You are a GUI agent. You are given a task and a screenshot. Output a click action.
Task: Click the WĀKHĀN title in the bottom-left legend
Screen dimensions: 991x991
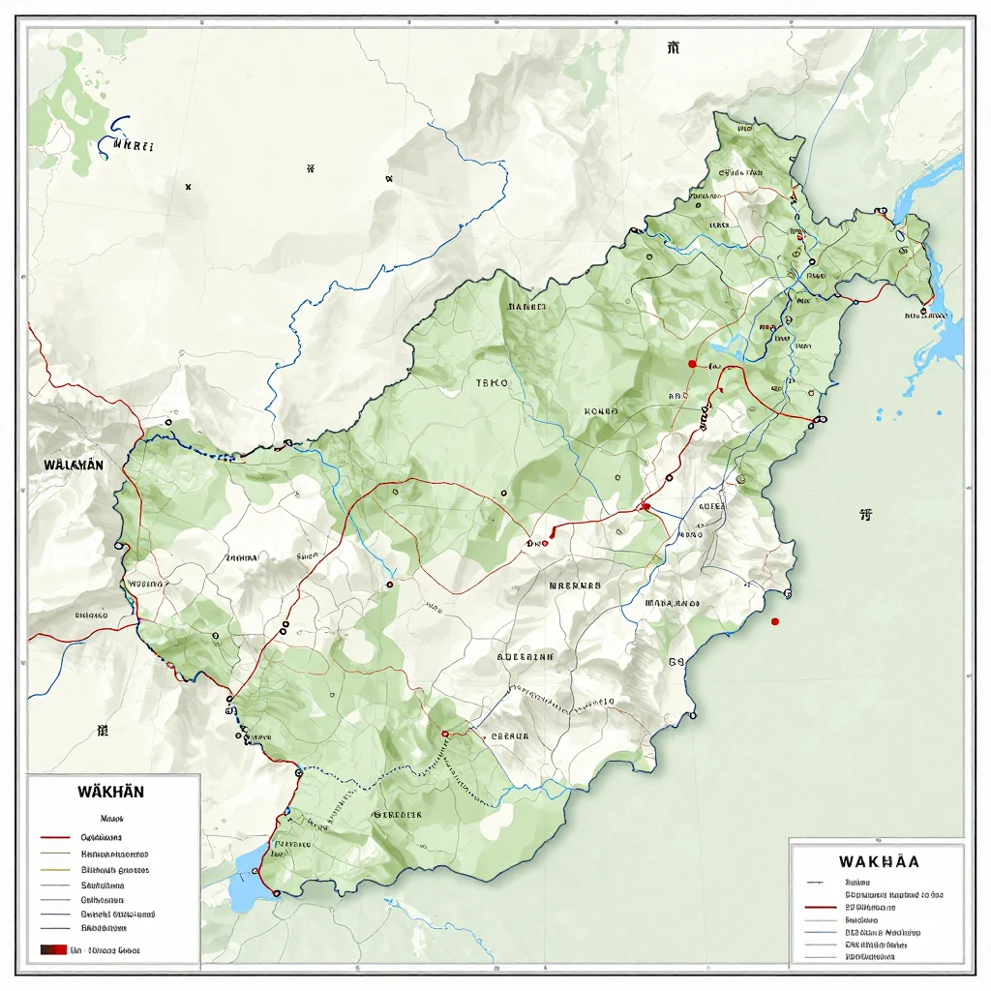[111, 791]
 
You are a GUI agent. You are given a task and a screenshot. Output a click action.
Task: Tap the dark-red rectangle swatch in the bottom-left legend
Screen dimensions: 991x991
[53, 949]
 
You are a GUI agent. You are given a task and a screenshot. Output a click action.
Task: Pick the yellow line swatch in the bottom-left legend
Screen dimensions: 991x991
[55, 869]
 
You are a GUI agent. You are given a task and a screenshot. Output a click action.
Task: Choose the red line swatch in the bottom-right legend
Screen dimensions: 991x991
[821, 909]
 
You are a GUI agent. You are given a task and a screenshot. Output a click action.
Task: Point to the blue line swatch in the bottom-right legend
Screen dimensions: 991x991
[821, 932]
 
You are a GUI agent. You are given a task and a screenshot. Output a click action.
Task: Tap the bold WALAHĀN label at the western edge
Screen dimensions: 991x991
[74, 464]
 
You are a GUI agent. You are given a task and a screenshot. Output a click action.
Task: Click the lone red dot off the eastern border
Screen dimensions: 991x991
[775, 621]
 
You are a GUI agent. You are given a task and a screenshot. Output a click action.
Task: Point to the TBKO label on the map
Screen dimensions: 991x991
[492, 382]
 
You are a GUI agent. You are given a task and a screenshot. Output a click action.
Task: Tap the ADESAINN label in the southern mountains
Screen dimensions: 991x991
[526, 655]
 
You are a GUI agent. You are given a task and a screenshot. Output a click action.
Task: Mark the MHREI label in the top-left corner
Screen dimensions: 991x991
[134, 147]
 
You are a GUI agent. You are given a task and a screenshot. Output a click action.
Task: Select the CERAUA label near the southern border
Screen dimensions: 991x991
[510, 736]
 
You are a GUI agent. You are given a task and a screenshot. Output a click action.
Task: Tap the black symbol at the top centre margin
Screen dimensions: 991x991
[673, 46]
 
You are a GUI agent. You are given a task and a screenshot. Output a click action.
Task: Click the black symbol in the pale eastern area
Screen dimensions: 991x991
[865, 515]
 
